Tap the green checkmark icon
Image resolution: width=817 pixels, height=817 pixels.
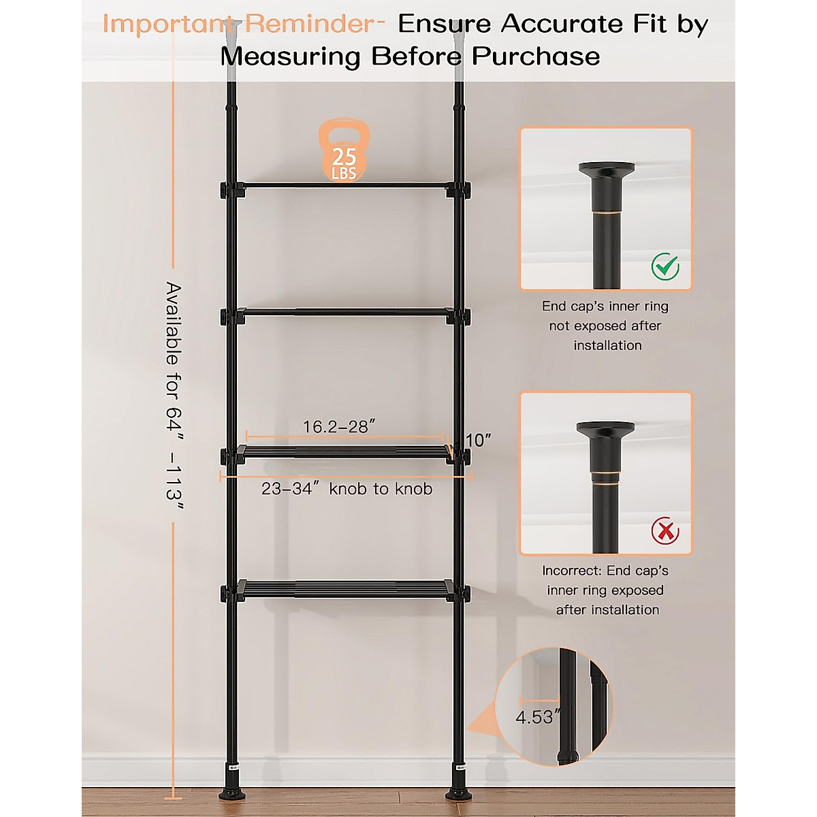click(664, 266)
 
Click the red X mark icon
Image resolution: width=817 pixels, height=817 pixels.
click(664, 530)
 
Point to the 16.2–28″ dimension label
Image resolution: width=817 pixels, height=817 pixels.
click(339, 427)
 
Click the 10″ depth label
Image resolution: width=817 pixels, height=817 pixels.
click(479, 440)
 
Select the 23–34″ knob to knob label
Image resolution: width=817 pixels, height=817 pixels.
click(347, 489)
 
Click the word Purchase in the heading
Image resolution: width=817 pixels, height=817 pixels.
click(536, 57)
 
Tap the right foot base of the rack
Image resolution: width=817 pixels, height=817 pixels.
click(458, 794)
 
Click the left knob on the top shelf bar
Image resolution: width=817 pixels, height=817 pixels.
click(224, 189)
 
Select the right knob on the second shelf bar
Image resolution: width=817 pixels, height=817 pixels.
click(466, 317)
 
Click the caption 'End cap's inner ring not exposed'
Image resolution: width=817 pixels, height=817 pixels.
click(606, 325)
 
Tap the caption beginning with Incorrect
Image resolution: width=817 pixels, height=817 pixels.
click(606, 590)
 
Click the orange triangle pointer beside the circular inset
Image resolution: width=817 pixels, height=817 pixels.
click(482, 722)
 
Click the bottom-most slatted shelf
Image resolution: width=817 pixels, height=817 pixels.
click(346, 589)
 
